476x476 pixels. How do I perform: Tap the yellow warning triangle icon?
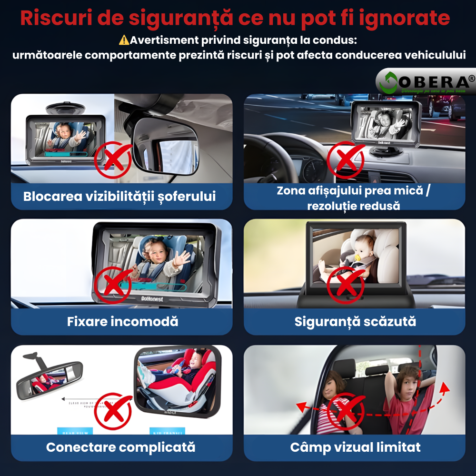[124, 40]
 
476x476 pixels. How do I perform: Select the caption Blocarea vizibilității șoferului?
[119, 196]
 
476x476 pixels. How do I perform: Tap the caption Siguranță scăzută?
[355, 321]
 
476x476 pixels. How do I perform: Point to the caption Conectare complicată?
[121, 447]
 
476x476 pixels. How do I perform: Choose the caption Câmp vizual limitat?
[355, 447]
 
